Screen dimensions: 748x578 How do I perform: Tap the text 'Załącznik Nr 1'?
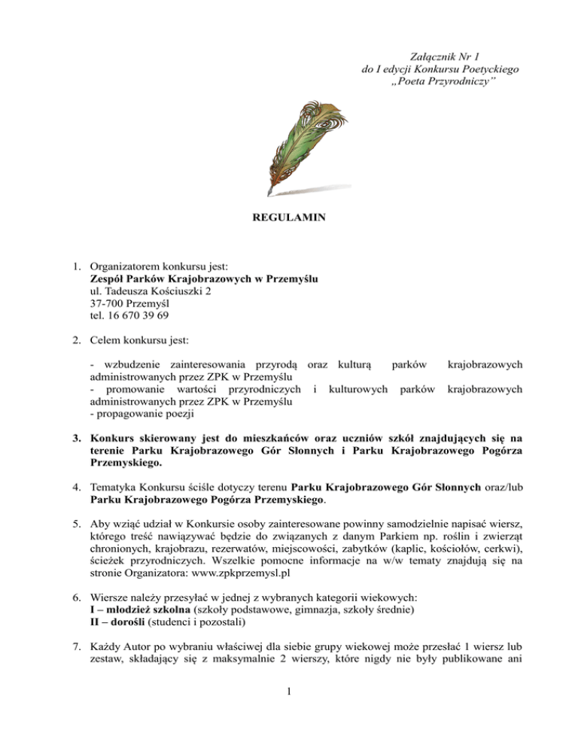point(440,56)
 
